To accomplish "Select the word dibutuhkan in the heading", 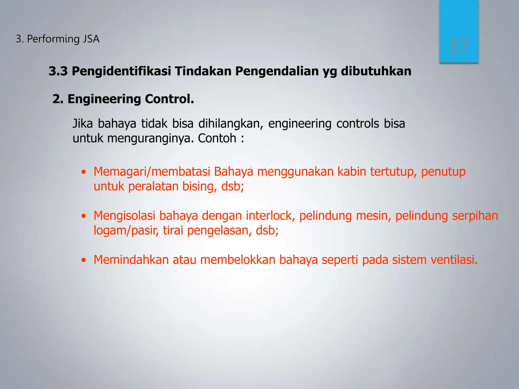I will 376,71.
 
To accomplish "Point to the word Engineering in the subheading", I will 104,99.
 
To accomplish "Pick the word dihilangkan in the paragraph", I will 231,124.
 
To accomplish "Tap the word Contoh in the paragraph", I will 217,138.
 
